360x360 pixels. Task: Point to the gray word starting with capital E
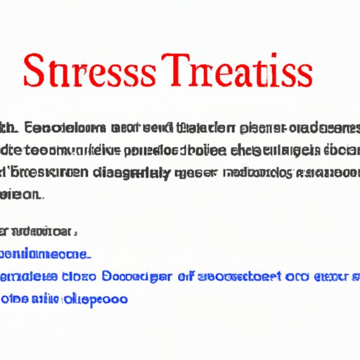pyautogui.click(x=56, y=127)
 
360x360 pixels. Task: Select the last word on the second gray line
pyautogui.click(x=343, y=149)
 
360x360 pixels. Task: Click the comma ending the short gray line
pyautogui.click(x=75, y=232)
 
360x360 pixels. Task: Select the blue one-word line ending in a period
pyautogui.click(x=45, y=254)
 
